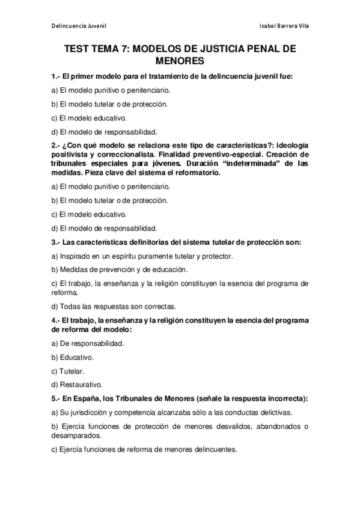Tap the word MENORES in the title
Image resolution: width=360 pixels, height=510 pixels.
(180, 61)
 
